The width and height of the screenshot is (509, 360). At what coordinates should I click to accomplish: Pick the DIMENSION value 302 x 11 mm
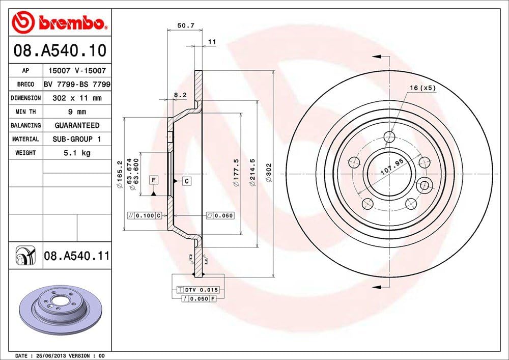pyautogui.click(x=77, y=98)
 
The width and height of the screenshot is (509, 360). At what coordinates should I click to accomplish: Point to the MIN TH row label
pyautogui.click(x=25, y=112)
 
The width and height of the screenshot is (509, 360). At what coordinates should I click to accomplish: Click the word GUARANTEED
pyautogui.click(x=77, y=125)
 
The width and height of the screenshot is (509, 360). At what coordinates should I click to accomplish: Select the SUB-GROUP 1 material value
pyautogui.click(x=77, y=139)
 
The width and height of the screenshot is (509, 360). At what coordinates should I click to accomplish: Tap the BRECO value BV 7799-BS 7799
pyautogui.click(x=77, y=84)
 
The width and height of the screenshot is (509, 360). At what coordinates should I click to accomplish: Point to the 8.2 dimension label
pyautogui.click(x=180, y=95)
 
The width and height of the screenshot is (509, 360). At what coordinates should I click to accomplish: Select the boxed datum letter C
pyautogui.click(x=187, y=181)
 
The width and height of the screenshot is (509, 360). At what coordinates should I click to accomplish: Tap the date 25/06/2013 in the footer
pyautogui.click(x=51, y=355)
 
